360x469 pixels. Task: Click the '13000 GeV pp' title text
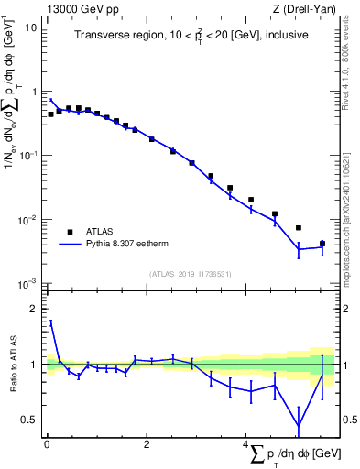[x=78, y=8]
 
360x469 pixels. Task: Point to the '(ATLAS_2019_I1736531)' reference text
[x=191, y=274]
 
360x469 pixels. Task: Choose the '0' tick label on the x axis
[x=46, y=444]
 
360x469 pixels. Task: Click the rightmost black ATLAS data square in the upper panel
[x=322, y=244]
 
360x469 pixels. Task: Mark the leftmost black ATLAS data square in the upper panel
[x=50, y=115]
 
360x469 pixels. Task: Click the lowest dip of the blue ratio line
[x=299, y=426]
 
